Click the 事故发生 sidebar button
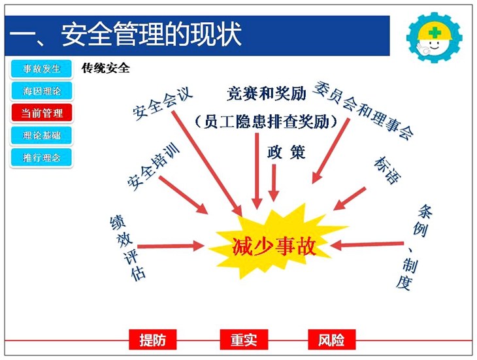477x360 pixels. [41, 69]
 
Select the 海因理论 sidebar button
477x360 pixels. [41, 91]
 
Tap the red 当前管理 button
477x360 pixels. [41, 113]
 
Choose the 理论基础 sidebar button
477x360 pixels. [41, 135]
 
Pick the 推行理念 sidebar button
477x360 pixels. [41, 157]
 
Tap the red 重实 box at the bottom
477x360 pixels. [243, 340]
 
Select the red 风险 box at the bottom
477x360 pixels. [331, 340]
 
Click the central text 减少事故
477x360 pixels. [274, 246]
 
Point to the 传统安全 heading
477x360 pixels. [106, 68]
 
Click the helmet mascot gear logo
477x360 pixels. [433, 36]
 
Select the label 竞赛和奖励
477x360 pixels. [266, 95]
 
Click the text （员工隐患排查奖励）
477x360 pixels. [266, 122]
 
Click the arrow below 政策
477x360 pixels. [274, 183]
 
